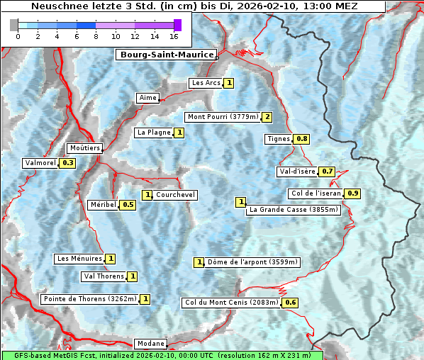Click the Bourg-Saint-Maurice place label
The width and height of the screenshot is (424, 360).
point(166,55)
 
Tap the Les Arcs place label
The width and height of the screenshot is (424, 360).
point(206,83)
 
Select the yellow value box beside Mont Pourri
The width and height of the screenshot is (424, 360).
point(267,117)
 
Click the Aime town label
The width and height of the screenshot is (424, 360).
point(148,98)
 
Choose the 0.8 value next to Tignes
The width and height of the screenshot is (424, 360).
point(302,139)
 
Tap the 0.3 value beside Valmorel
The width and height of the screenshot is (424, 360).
point(68,163)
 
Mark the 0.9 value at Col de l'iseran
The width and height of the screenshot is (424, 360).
point(353,193)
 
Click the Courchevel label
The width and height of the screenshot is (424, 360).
point(175,195)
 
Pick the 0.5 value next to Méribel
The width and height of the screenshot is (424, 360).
point(128,205)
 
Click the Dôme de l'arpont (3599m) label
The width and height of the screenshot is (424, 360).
point(253,262)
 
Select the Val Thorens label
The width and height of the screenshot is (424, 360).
point(104,276)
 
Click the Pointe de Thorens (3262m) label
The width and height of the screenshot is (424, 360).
point(89,299)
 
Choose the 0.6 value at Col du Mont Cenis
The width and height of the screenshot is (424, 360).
point(290,303)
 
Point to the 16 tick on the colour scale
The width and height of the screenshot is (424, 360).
point(174,35)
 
